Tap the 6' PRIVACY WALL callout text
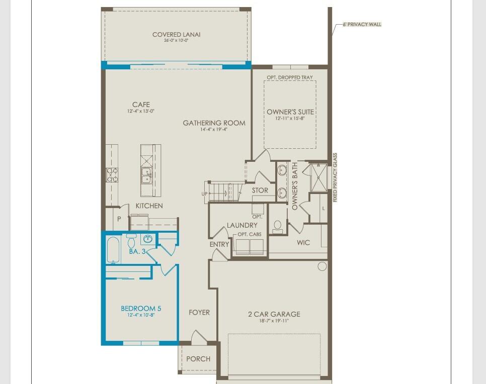(x=359, y=24)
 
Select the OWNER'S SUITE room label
(x=290, y=112)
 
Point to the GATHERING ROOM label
(x=214, y=123)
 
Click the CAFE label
(x=141, y=105)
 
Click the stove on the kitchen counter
(x=112, y=175)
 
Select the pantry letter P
(x=119, y=219)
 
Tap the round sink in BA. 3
(x=147, y=239)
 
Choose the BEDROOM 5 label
(x=141, y=309)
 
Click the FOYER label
(x=199, y=312)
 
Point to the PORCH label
(x=198, y=359)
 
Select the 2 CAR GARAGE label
(x=274, y=314)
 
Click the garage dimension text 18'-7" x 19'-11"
(x=274, y=321)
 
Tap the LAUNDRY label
(x=242, y=225)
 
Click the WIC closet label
(x=303, y=242)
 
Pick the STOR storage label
(x=260, y=190)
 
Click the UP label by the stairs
(x=204, y=194)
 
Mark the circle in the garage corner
(x=322, y=266)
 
